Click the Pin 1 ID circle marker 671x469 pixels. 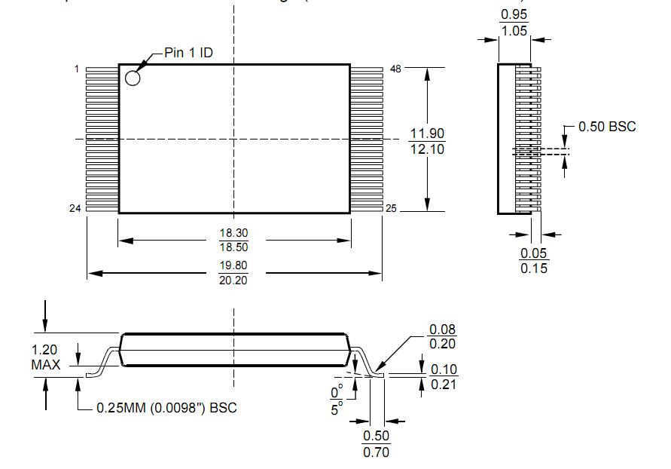click(x=133, y=77)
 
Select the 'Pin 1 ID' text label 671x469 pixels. click(x=190, y=54)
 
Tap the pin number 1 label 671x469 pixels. click(x=77, y=69)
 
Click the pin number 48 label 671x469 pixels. click(x=395, y=69)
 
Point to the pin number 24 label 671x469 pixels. click(x=75, y=209)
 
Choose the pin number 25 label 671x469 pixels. click(x=391, y=209)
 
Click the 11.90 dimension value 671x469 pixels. click(x=427, y=133)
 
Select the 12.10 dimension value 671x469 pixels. click(x=427, y=149)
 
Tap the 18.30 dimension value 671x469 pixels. click(x=233, y=234)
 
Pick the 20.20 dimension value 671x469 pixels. click(x=233, y=280)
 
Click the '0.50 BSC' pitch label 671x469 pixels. click(x=607, y=127)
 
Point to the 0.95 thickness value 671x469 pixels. click(x=514, y=15)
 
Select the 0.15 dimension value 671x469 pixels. click(x=534, y=268)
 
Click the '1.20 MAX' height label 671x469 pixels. click(x=45, y=357)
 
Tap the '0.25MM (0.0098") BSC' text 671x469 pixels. click(x=166, y=408)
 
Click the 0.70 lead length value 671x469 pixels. click(x=377, y=452)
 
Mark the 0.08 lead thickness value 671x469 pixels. click(x=443, y=330)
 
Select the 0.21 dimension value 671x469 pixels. click(x=444, y=385)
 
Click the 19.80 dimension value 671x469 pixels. click(x=233, y=265)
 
